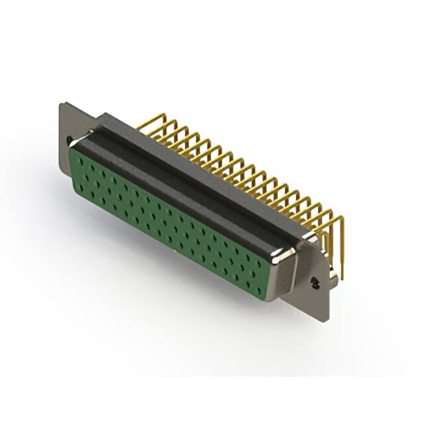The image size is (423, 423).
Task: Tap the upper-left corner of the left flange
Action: [61, 103]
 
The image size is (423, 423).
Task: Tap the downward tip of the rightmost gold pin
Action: [343, 278]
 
